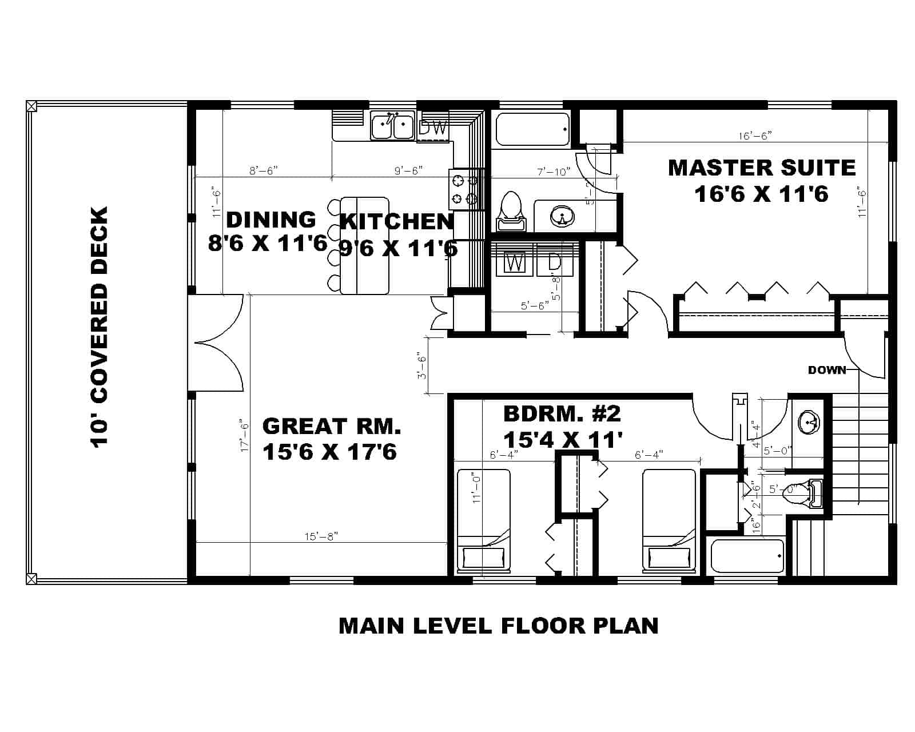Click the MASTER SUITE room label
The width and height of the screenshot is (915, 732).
[x=761, y=168]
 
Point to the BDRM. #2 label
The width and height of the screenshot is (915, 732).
[x=562, y=413]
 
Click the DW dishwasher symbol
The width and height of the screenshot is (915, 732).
[x=433, y=128]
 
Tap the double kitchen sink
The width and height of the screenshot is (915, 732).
[x=392, y=126]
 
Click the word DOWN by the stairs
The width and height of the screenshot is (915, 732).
[x=826, y=370]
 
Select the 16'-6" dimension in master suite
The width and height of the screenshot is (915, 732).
[x=755, y=136]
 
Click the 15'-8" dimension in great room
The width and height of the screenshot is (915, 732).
[x=321, y=536]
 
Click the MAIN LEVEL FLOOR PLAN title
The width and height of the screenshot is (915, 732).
[x=498, y=625]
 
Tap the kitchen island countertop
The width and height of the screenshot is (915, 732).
[x=364, y=246]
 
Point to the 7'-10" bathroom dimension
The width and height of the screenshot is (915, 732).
[x=554, y=172]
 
